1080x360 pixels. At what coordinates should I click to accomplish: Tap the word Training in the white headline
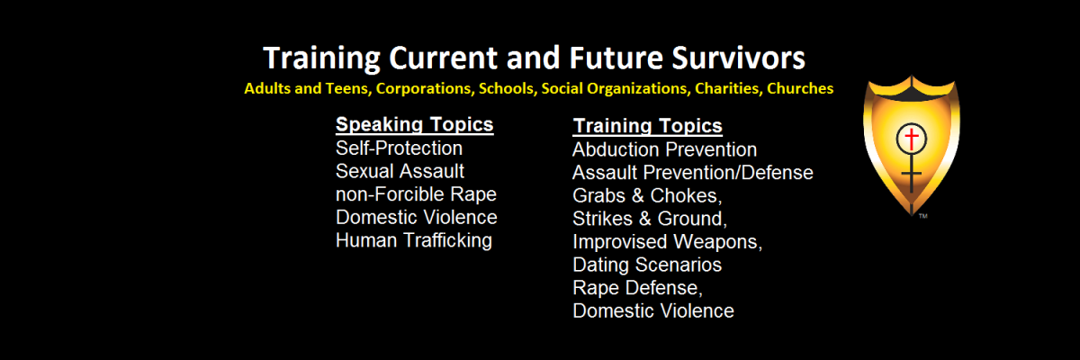[x=321, y=59]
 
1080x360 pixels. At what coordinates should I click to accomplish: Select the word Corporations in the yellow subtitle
[x=424, y=89]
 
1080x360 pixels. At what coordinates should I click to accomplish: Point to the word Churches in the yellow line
[x=800, y=88]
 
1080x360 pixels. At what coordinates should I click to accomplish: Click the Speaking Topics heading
[x=415, y=125]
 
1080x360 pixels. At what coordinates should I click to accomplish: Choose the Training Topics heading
[x=647, y=126]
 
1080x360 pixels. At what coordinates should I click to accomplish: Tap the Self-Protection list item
[x=400, y=148]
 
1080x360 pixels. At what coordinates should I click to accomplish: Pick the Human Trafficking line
[x=414, y=240]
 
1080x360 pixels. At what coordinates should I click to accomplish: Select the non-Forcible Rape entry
[x=416, y=194]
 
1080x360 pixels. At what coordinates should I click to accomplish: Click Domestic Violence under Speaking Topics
[x=417, y=217]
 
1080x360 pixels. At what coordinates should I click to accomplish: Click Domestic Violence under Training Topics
[x=653, y=310]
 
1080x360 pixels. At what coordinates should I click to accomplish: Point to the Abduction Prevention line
[x=665, y=150]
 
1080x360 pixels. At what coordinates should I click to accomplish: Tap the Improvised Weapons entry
[x=667, y=242]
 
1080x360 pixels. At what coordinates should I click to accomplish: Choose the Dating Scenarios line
[x=647, y=265]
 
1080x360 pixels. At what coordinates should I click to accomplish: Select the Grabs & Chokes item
[x=647, y=195]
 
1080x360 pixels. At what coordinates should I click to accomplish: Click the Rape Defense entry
[x=637, y=288]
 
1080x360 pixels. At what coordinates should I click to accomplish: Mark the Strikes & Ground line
[x=650, y=219]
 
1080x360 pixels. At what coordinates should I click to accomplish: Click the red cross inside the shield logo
[x=911, y=139]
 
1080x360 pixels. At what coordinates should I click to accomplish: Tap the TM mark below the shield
[x=922, y=216]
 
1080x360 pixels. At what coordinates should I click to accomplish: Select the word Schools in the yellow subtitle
[x=508, y=89]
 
